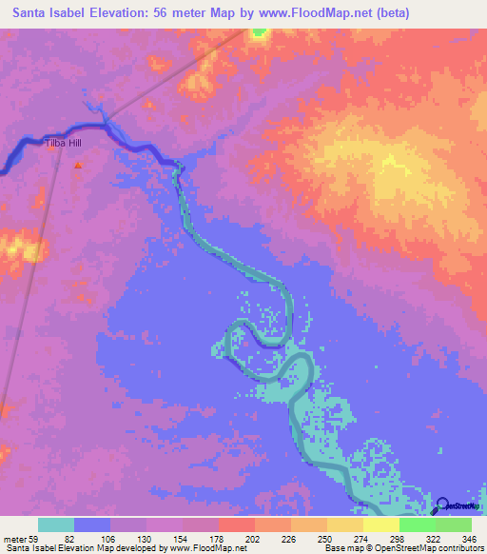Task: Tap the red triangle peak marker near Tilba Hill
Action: [78, 165]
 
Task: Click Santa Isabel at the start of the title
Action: [48, 13]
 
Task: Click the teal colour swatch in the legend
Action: [56, 525]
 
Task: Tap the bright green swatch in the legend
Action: [418, 525]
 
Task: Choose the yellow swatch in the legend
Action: [345, 525]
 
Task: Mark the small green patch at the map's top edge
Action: [259, 31]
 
